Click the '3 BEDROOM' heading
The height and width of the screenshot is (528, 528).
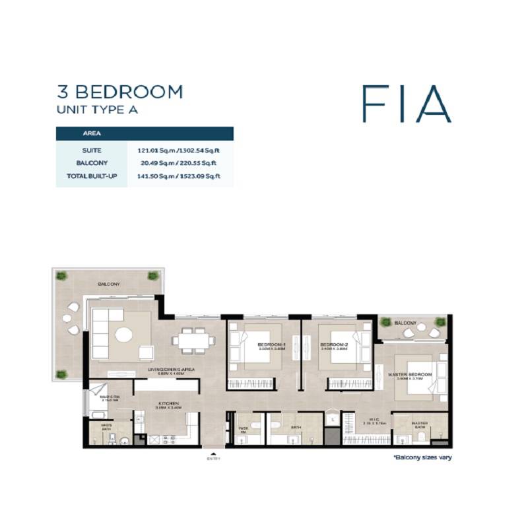coord(119,92)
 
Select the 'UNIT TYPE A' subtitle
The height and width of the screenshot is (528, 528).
coord(97,110)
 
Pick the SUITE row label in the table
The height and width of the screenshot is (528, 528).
coord(92,150)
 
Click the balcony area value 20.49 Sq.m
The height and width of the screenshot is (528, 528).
coord(158,163)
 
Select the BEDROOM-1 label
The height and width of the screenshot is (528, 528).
coord(271,345)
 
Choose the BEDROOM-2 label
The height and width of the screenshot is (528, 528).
coord(333,345)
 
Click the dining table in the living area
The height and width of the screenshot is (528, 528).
coord(193,341)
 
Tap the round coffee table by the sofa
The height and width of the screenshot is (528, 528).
coord(125,335)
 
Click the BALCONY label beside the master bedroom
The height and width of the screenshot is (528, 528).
coord(406,323)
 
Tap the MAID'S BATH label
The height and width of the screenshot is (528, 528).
coord(106,427)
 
